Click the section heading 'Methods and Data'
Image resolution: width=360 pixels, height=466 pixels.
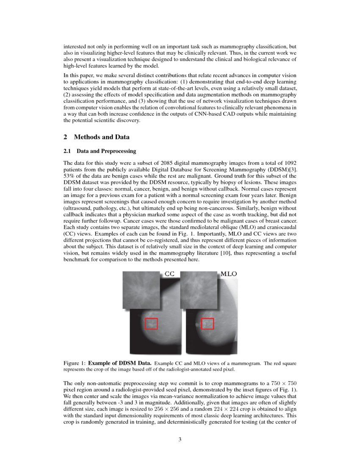click(102, 137)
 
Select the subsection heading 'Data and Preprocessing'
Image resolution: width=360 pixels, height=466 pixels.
click(106, 151)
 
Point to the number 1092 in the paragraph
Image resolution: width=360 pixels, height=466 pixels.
click(289, 163)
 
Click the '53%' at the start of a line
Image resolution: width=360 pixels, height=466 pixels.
click(69, 175)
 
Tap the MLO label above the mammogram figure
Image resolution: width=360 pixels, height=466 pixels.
click(229, 274)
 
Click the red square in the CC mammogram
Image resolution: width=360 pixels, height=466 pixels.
click(151, 324)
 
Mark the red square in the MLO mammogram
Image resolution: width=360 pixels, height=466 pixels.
click(208, 324)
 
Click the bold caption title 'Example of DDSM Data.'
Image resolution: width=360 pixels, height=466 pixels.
click(120, 363)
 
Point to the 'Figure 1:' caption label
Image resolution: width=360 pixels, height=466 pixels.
click(75, 363)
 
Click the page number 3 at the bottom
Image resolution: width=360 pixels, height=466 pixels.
click(180, 439)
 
